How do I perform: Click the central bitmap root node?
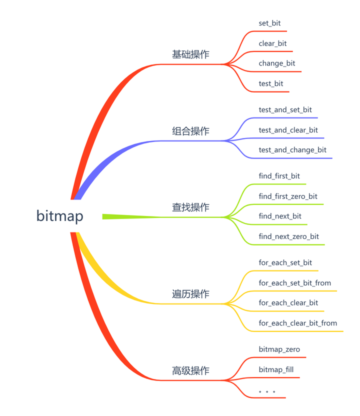coord(59,216)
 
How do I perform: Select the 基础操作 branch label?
coord(190,54)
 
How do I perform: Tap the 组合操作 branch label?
coord(190,131)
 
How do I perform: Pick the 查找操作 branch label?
coord(190,207)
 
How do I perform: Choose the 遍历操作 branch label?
coord(190,294)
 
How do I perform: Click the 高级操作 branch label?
coord(190,370)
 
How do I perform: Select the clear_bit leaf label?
coord(272,43)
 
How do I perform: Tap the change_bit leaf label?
coord(277,63)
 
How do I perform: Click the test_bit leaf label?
coord(271,83)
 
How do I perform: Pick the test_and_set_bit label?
coord(285,110)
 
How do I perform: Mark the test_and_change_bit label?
coord(292,150)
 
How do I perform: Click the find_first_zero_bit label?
coord(288,196)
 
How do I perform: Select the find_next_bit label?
coord(280,216)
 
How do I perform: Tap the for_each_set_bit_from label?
coord(294,283)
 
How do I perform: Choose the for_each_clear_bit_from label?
coord(297,323)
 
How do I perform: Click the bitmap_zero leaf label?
coord(279,349)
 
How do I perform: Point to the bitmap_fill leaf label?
coord(276,369)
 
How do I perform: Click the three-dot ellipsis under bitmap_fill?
coord(267,391)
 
